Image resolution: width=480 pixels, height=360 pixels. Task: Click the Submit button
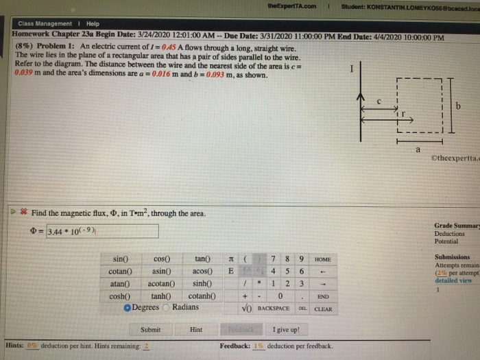[150, 330]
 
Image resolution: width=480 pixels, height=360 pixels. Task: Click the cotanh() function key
[203, 296]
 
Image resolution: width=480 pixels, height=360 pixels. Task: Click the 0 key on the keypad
[282, 296]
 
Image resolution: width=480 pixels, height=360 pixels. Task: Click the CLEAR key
[323, 309]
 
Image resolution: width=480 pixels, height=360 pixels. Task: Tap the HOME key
[322, 259]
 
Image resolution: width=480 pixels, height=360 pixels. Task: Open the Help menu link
[93, 23]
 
